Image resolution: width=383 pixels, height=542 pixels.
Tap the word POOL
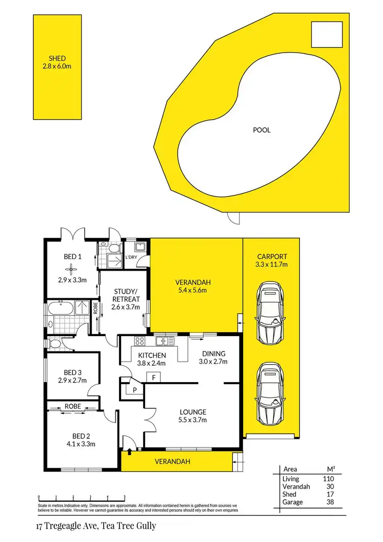261,130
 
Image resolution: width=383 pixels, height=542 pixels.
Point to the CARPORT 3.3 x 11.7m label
272,261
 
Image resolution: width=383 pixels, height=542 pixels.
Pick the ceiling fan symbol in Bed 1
73,269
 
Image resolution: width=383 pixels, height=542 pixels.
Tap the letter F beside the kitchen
154,378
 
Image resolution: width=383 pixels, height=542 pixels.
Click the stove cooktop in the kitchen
139,341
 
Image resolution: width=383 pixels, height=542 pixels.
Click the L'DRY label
132,257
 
